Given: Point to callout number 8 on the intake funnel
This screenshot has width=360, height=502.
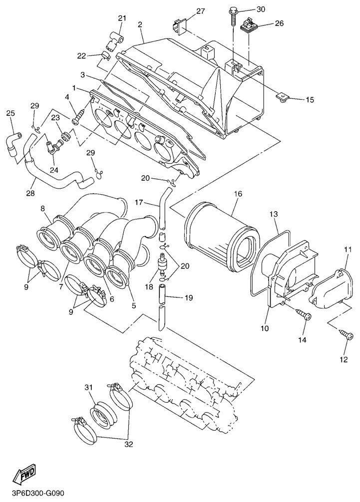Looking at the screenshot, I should point(43,208).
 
